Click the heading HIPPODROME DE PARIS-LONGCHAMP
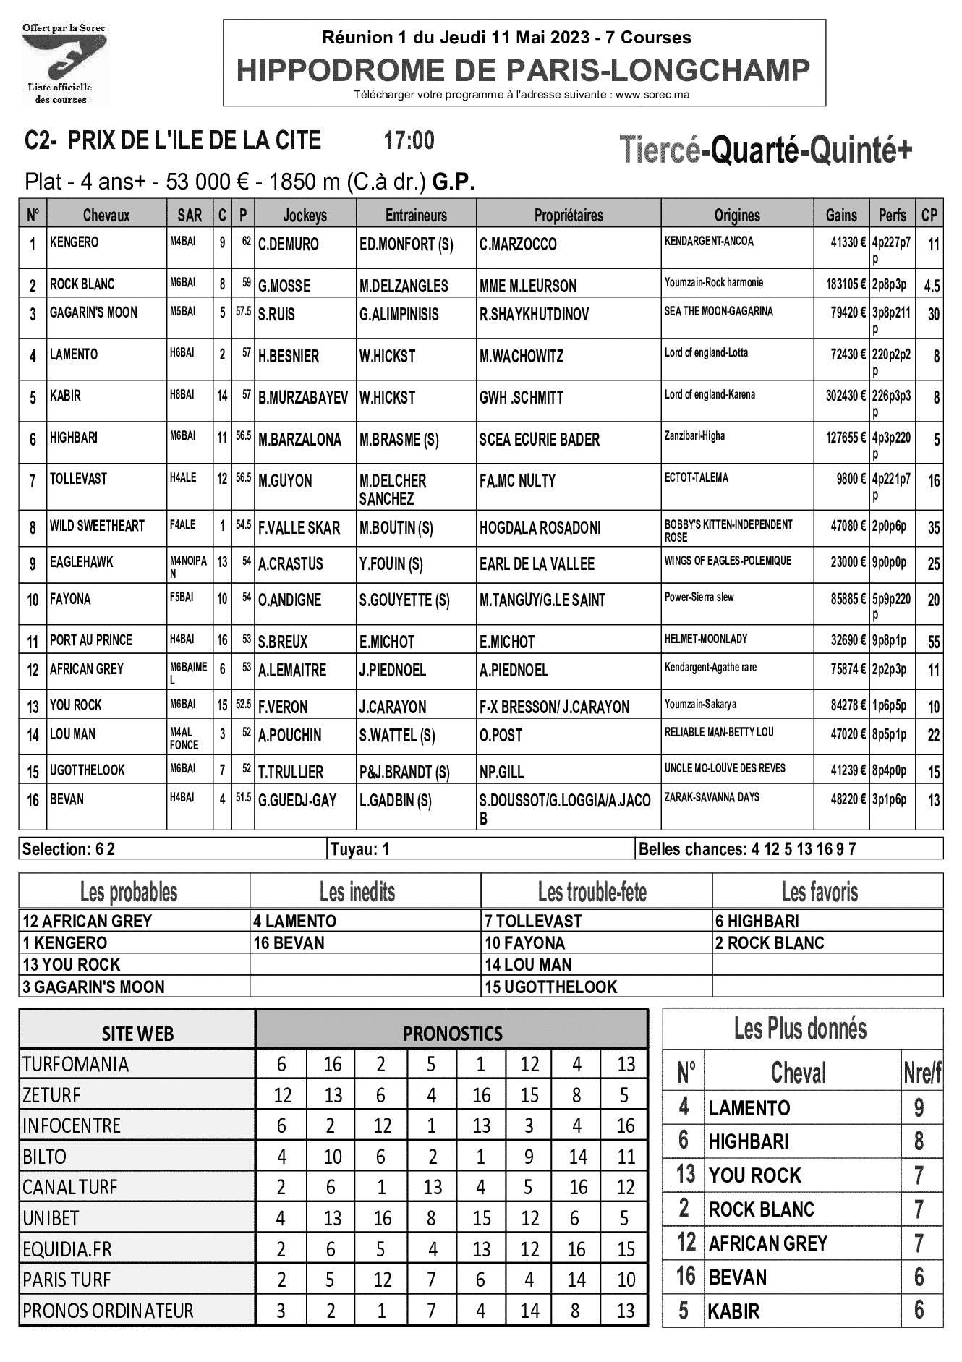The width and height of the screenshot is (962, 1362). click(524, 70)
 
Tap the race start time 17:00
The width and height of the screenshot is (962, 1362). click(409, 140)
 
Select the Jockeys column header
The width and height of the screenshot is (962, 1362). click(305, 215)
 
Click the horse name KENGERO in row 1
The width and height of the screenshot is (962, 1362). click(75, 242)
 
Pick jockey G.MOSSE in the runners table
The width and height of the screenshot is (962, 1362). click(284, 286)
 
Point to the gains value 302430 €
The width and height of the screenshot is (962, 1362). click(841, 397)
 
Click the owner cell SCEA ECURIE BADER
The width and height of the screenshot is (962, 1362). click(540, 440)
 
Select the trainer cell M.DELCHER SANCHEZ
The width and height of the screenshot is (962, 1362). click(393, 490)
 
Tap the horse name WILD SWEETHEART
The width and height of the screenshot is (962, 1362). click(97, 526)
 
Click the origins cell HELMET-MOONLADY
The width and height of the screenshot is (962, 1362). click(706, 639)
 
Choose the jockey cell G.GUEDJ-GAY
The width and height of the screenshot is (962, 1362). click(297, 801)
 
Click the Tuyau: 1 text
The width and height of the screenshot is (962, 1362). click(359, 848)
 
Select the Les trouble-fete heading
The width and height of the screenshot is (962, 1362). click(592, 892)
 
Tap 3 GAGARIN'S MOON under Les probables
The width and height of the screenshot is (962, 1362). click(94, 987)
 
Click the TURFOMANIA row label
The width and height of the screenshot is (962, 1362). click(75, 1064)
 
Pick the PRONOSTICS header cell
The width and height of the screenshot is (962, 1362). click(452, 1032)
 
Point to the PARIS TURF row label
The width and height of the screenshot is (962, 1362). click(67, 1280)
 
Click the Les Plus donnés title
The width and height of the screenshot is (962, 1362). click(800, 1028)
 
